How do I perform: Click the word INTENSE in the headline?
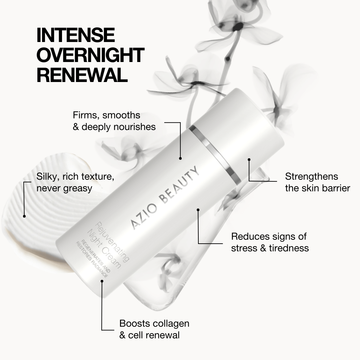coord(75,35)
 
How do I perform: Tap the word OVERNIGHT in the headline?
coord(90,55)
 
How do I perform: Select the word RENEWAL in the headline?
coord(82,75)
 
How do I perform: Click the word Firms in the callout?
coord(86,115)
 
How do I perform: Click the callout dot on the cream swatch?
coord(24,216)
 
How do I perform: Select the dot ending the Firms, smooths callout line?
coord(180,158)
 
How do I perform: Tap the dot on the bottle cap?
coord(249,160)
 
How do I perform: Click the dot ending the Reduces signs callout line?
coord(198,210)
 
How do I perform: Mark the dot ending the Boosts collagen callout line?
coord(102,281)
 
